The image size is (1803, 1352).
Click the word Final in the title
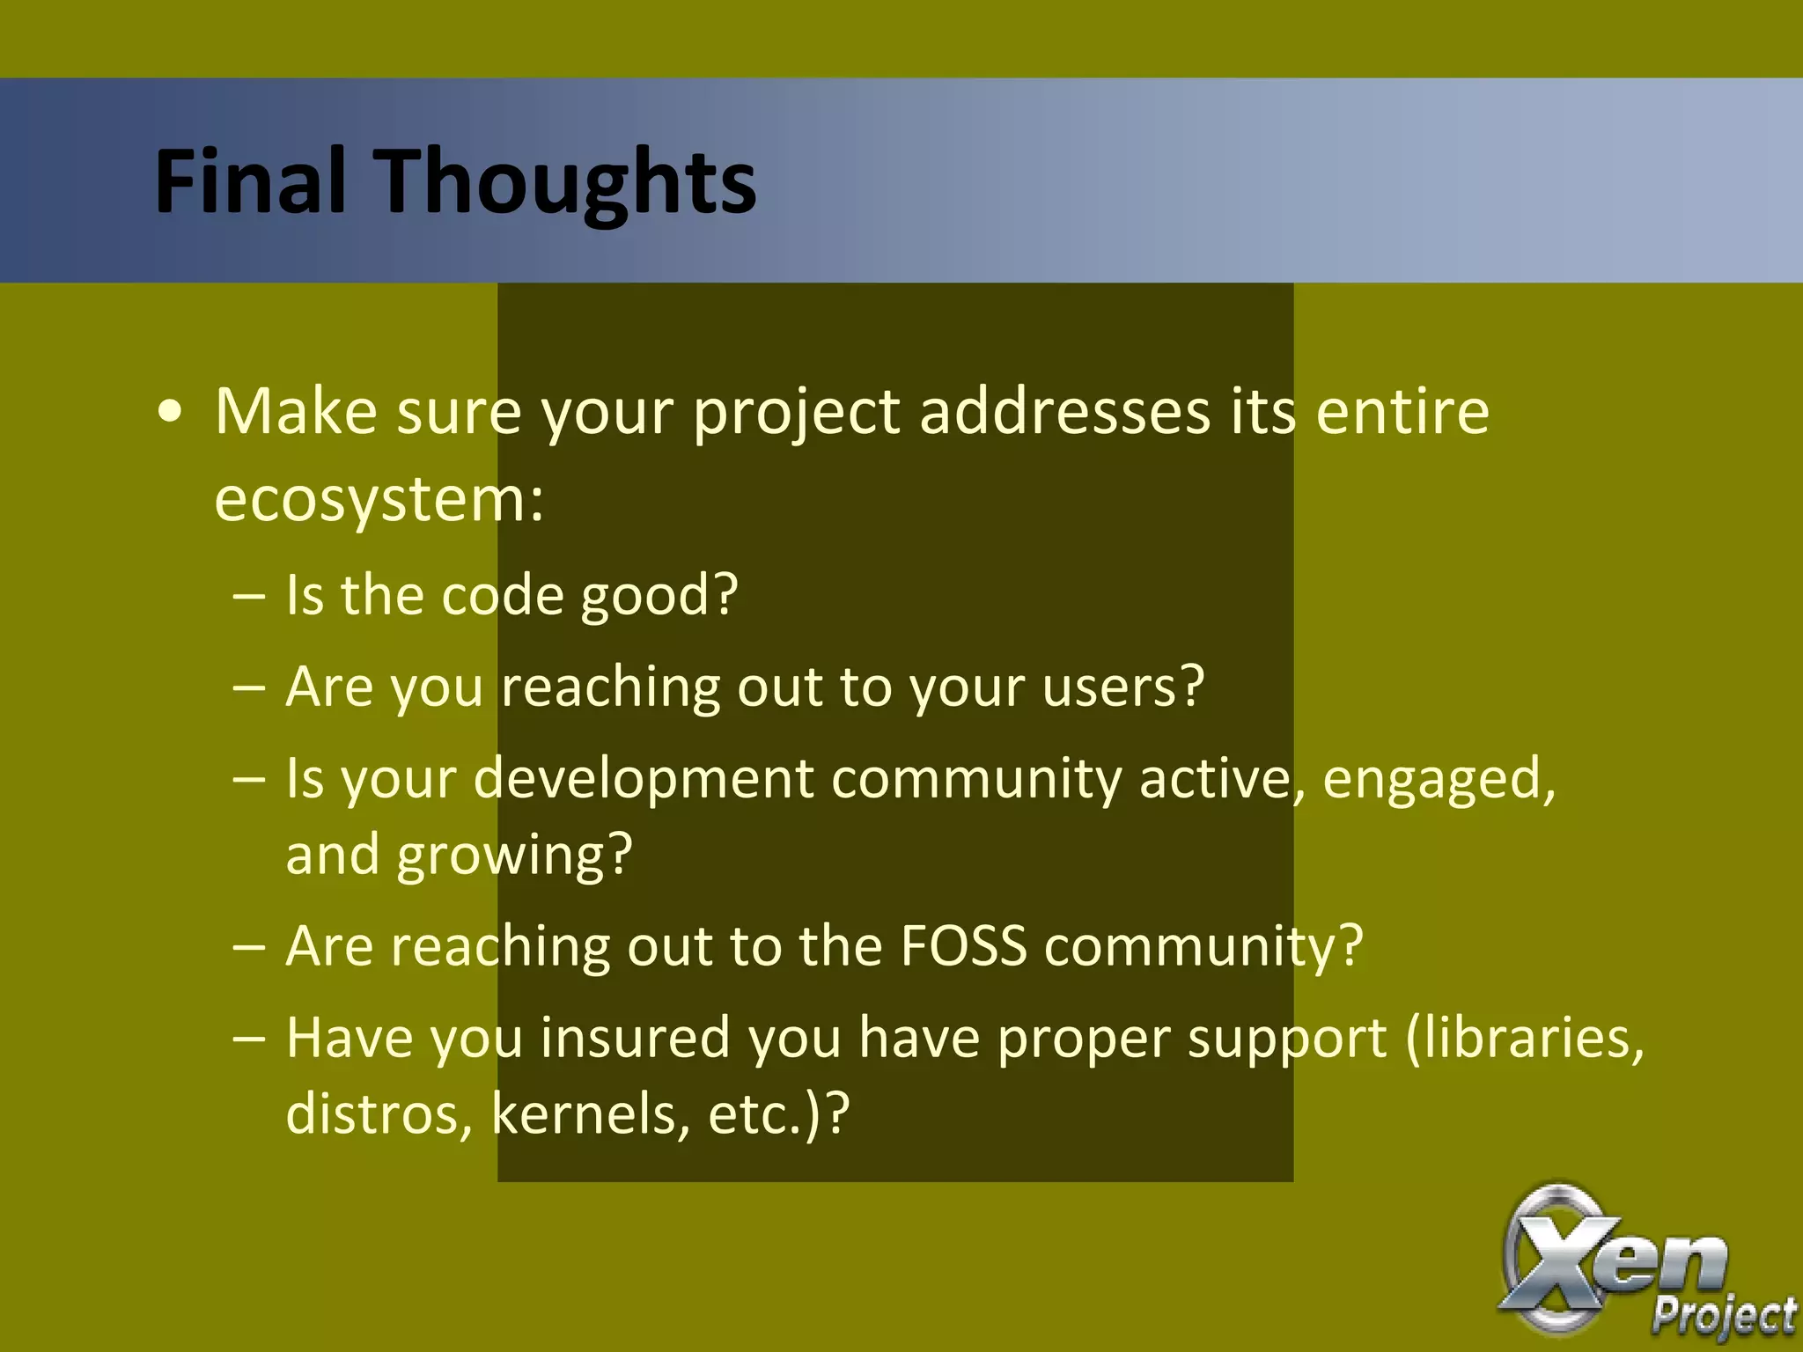(x=249, y=181)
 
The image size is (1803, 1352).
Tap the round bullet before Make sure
(x=171, y=413)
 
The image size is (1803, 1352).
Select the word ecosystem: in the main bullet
(x=379, y=501)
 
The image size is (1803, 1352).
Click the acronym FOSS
(x=963, y=947)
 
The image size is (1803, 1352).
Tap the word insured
(x=635, y=1039)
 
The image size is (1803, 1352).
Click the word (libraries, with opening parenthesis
(x=1524, y=1039)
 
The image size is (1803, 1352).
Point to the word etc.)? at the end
(x=778, y=1114)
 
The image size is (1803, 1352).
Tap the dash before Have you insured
(x=248, y=1040)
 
